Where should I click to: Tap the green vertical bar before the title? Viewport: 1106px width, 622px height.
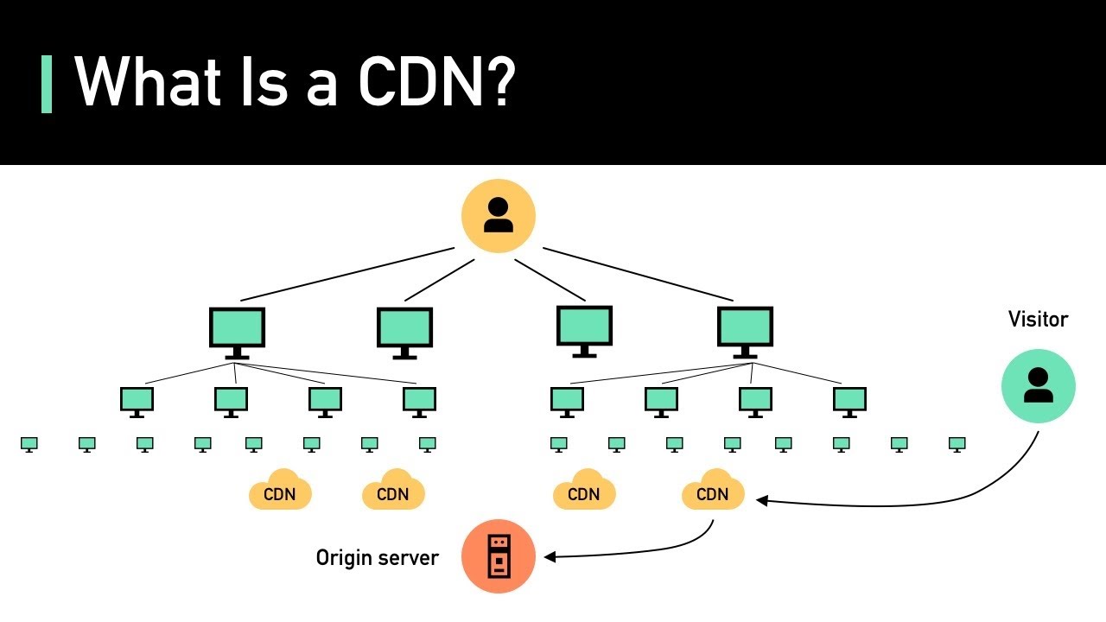tap(47, 84)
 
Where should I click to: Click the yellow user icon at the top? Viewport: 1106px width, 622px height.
tap(498, 216)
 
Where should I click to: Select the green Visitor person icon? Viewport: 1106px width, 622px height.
tap(1038, 386)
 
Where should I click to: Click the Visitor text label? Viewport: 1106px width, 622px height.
tap(1038, 320)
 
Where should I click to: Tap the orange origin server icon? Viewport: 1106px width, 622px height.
tap(498, 556)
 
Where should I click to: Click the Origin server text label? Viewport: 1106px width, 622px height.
tap(377, 558)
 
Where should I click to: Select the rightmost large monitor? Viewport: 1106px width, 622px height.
tap(745, 330)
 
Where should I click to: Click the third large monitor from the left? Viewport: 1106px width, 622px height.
tap(584, 329)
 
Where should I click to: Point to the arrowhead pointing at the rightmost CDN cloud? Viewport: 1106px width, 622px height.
tap(761, 499)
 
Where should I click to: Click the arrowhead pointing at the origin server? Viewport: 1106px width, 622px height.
tap(549, 557)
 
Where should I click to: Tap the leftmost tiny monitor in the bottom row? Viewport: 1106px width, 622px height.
tap(29, 444)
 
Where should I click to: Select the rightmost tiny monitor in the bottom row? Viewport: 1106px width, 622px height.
tap(957, 444)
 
